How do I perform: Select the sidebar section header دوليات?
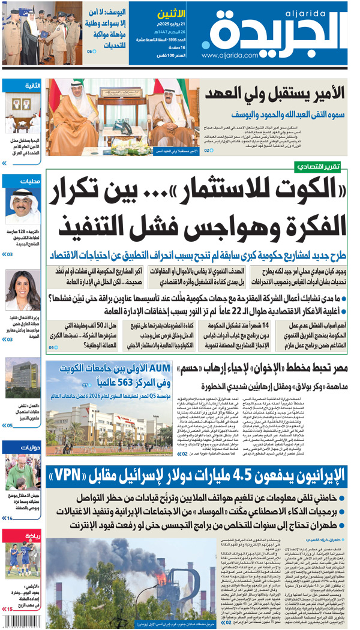pyautogui.click(x=31, y=446)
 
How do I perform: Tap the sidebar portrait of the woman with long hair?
pyautogui.click(x=23, y=290)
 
